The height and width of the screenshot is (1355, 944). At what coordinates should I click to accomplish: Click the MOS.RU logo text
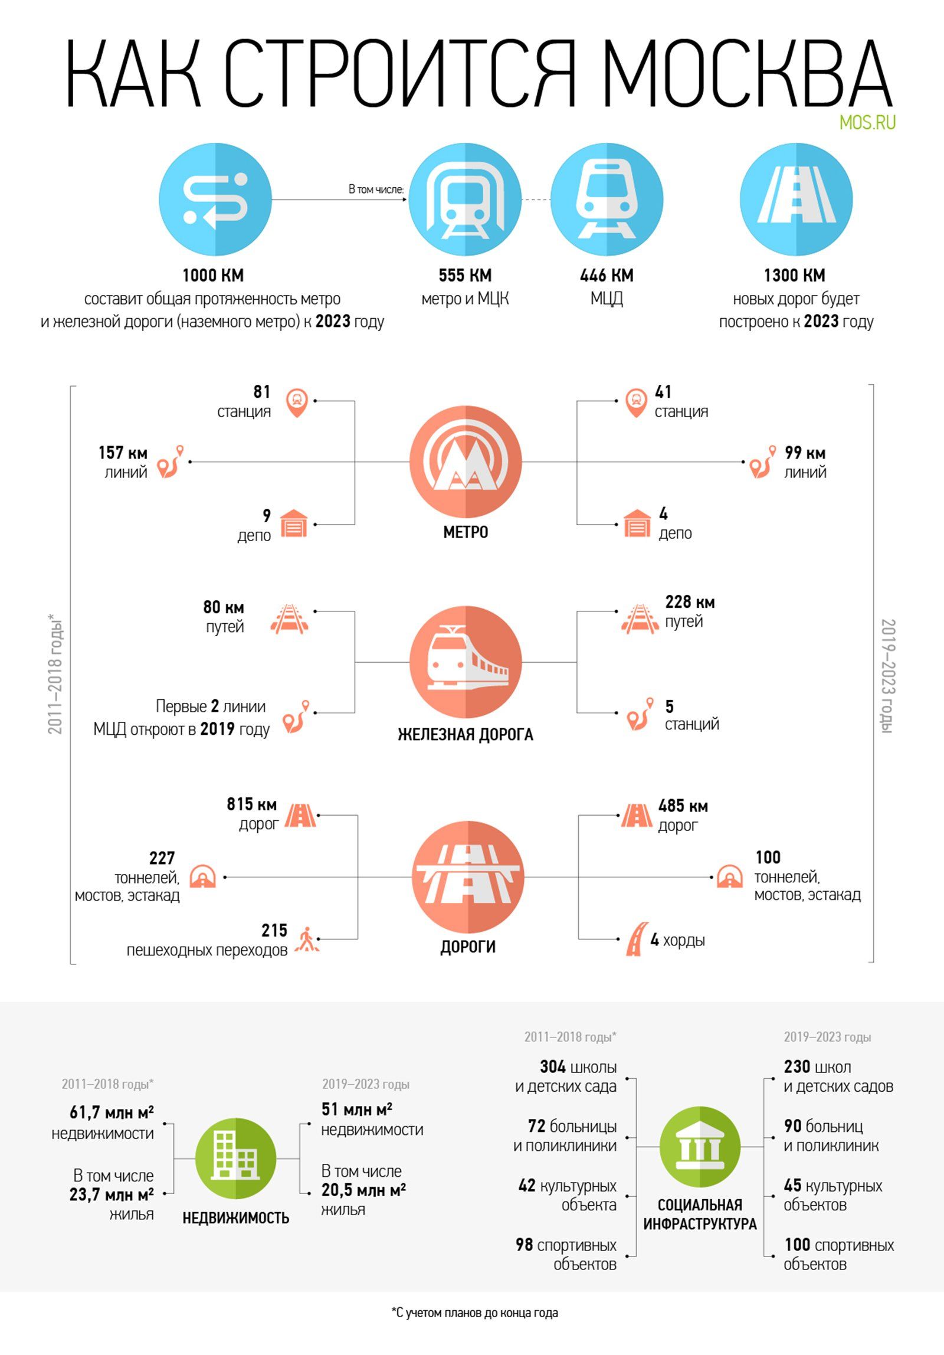(x=867, y=122)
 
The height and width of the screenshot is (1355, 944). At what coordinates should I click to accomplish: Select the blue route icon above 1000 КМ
(x=215, y=199)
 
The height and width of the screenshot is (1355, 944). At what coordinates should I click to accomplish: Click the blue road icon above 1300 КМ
(x=796, y=199)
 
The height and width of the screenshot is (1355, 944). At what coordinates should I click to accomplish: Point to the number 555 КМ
(x=465, y=276)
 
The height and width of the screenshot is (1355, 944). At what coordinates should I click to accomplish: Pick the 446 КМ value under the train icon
(x=607, y=276)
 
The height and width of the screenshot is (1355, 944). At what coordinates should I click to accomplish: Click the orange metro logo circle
(x=466, y=462)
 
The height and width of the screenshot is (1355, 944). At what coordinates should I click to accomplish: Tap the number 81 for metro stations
(x=261, y=392)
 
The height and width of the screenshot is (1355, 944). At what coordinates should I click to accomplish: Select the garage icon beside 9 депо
(x=294, y=523)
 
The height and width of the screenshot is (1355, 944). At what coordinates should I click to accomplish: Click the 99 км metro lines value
(x=805, y=453)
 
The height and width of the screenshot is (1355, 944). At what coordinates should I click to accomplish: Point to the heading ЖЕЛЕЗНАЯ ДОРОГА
(x=466, y=735)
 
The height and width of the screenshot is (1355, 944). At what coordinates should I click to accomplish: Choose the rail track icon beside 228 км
(x=640, y=618)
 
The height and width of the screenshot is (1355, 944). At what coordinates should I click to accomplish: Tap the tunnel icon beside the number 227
(x=202, y=877)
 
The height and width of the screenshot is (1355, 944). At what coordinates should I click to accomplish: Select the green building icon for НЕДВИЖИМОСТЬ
(x=235, y=1158)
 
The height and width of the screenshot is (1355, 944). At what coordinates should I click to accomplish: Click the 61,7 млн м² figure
(x=112, y=1112)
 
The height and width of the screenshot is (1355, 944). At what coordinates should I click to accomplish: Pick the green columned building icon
(x=700, y=1147)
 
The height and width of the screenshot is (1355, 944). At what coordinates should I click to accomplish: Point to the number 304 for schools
(x=552, y=1067)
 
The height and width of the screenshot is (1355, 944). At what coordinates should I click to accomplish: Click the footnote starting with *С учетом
(x=474, y=1313)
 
